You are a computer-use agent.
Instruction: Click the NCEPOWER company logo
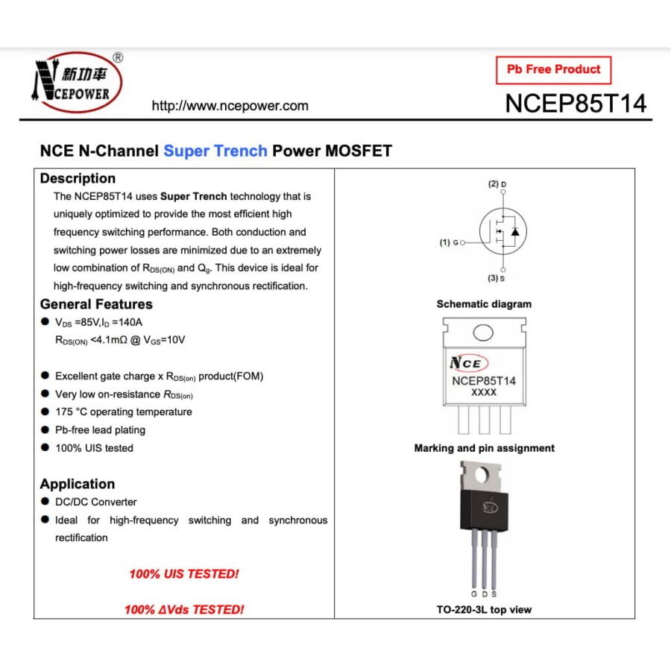coord(78,82)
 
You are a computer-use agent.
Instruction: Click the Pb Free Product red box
coord(553,70)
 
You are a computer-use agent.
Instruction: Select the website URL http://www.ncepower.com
coord(230,106)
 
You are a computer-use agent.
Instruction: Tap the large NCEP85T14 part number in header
coord(576,103)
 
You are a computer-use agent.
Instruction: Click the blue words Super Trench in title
coord(215,151)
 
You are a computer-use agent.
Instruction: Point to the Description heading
coord(78,178)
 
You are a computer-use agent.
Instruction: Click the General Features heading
coord(96,304)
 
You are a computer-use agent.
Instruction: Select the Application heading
coord(78,484)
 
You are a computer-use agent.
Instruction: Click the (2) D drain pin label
coord(497,184)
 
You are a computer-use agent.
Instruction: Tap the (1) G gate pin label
coord(450,242)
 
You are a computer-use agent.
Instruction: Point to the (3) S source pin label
coord(496,278)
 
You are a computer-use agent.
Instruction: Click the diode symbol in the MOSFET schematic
coord(515,232)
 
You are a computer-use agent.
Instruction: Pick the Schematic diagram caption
coord(484,304)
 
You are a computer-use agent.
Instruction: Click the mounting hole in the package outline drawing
coord(483,332)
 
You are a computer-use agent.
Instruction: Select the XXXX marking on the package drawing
coord(484,392)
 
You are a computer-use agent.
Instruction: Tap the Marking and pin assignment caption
coord(484,448)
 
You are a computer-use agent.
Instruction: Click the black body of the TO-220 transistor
coord(484,510)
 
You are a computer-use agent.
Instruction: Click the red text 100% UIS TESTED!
coord(184,574)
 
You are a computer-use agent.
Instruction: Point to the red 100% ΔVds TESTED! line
coord(184,609)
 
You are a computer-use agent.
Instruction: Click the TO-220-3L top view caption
coord(484,610)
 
